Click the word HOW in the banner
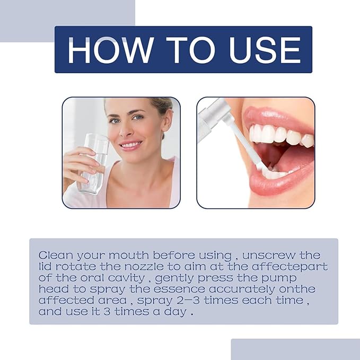pyautogui.click(x=110, y=50)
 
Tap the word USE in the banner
pyautogui.click(x=265, y=50)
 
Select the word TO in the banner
pyautogui.click(x=190, y=50)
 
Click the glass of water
pyautogui.click(x=94, y=164)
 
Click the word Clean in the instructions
pyautogui.click(x=56, y=256)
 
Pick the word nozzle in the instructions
pyautogui.click(x=144, y=267)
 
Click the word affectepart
pyautogui.click(x=289, y=267)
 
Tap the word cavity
pyautogui.click(x=126, y=278)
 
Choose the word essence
pyautogui.click(x=179, y=289)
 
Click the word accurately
pyautogui.click(x=242, y=289)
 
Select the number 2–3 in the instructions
pyautogui.click(x=188, y=300)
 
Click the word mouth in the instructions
pyautogui.click(x=128, y=256)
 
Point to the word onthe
pyautogui.click(x=297, y=289)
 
